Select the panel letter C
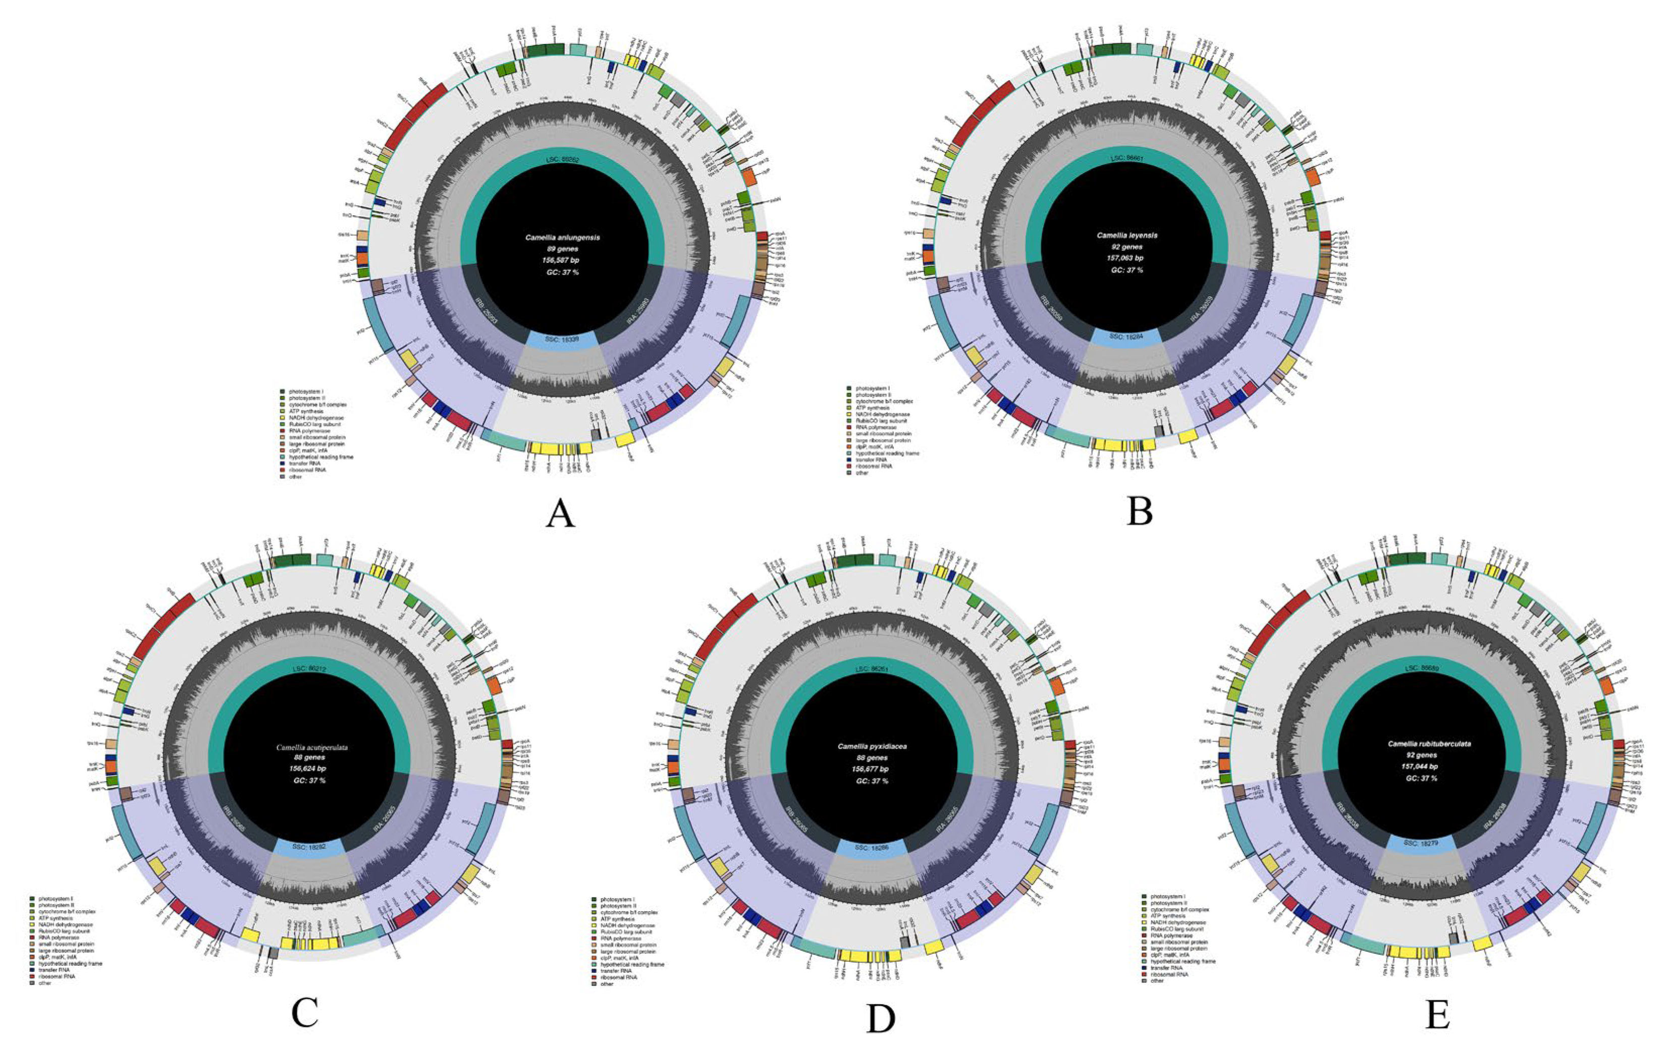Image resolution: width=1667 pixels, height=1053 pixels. [x=305, y=1012]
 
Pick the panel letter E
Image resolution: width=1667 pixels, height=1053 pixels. [x=1437, y=1016]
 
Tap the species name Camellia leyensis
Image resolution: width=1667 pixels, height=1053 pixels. [x=1127, y=236]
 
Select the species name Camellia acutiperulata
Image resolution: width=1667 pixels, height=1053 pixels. [x=311, y=748]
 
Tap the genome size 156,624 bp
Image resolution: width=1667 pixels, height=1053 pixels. [x=311, y=769]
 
